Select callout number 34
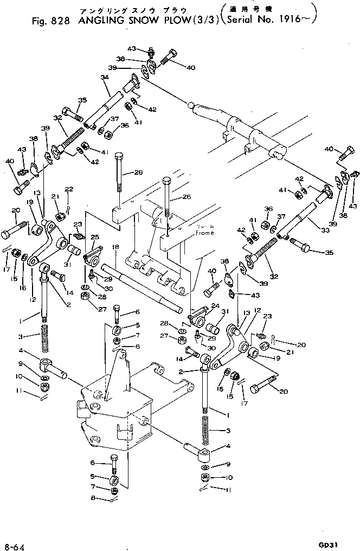pos(105,77)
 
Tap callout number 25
pos(95,237)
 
